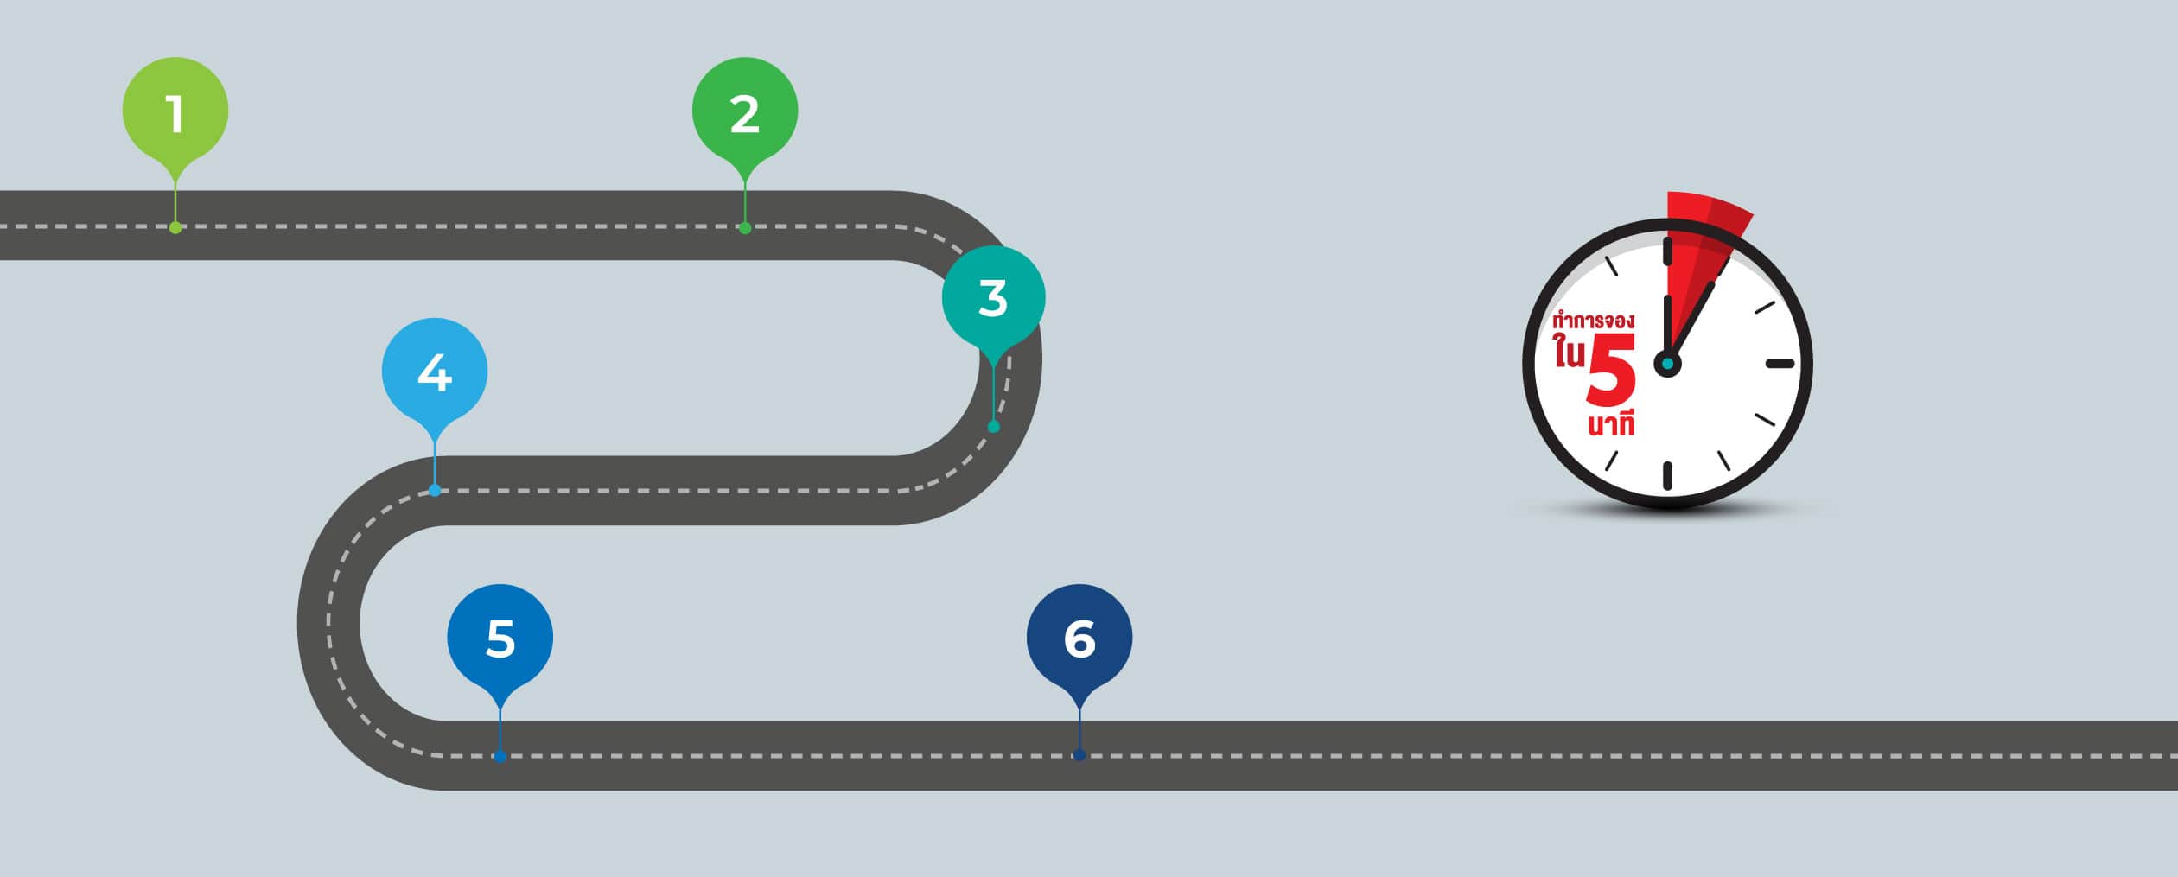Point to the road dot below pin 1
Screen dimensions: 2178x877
click(x=175, y=228)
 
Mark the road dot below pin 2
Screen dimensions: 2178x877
click(x=745, y=228)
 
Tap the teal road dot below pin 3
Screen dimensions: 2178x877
click(x=994, y=427)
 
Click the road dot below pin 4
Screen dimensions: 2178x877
click(x=435, y=491)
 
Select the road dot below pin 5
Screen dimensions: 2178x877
click(x=500, y=757)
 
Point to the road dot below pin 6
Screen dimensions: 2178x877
click(x=1079, y=755)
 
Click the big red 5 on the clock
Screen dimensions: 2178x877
click(x=1612, y=372)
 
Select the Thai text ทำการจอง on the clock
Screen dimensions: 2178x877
click(x=1594, y=321)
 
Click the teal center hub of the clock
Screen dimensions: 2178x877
click(x=1667, y=364)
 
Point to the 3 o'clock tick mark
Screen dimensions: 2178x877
click(x=1780, y=364)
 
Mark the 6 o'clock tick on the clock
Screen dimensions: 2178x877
click(x=1668, y=476)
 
